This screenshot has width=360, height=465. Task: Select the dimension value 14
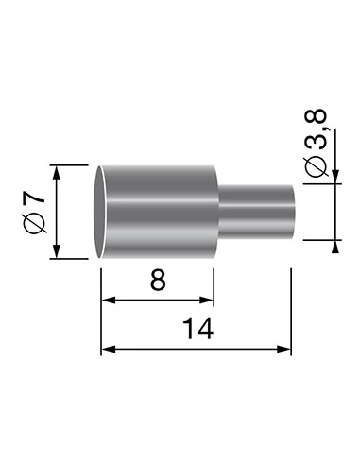(x=197, y=329)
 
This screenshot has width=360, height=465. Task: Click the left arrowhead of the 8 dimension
(x=107, y=301)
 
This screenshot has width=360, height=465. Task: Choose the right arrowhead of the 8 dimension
(x=210, y=301)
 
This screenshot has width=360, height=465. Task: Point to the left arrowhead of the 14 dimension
(x=107, y=349)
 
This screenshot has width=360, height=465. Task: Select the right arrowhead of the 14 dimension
(x=285, y=349)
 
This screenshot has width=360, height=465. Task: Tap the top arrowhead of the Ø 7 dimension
(x=59, y=171)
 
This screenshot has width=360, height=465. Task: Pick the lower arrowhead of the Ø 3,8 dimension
(x=337, y=247)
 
